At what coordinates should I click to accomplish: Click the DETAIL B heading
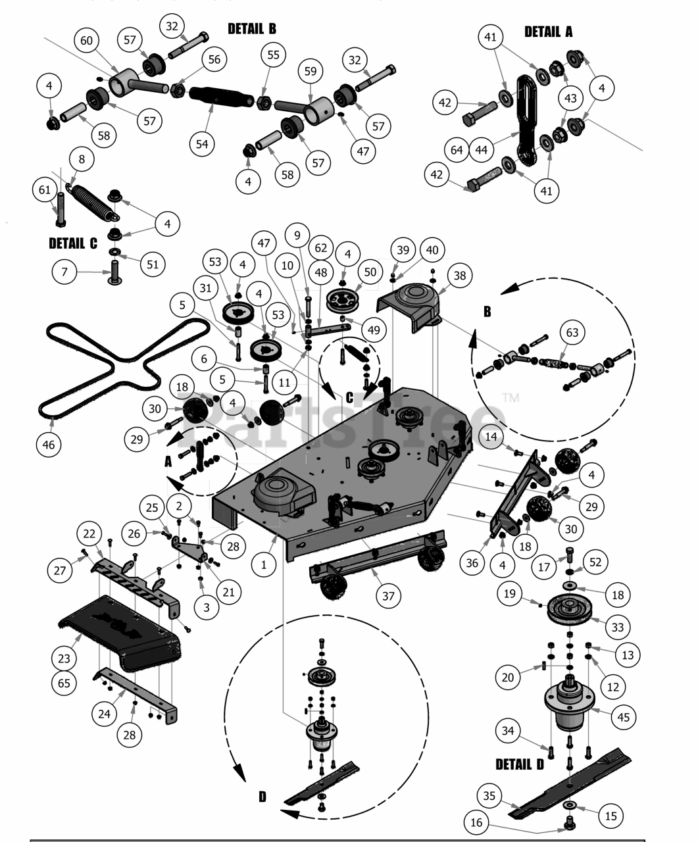pos(252,29)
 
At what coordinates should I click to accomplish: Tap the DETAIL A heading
pos(548,32)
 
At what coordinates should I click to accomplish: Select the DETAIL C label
pos(73,243)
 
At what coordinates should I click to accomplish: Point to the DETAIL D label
pos(520,764)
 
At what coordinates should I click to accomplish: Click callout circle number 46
pos(49,444)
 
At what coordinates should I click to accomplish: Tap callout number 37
pos(388,595)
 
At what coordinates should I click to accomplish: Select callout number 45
pos(624,716)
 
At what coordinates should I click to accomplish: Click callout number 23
pos(64,658)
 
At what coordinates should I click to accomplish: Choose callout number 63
pos(572,332)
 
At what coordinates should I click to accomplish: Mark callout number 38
pos(459,276)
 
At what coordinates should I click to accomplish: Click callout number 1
pos(264,564)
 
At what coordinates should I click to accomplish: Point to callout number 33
pos(617,627)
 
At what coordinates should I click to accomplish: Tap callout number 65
pos(64,683)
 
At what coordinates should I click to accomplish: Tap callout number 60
pos(87,41)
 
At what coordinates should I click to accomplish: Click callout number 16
pos(477,822)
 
